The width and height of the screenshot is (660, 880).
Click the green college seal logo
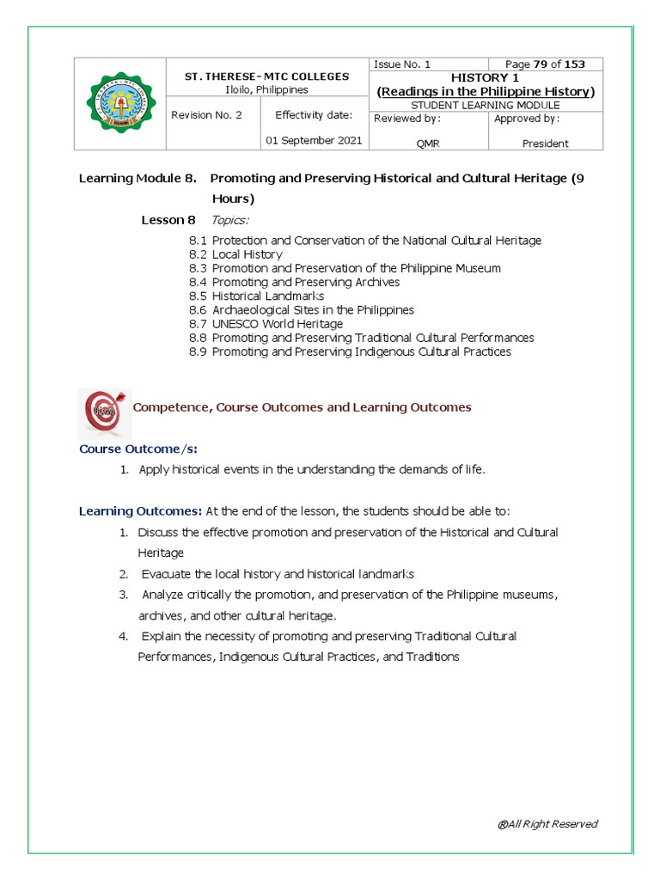[x=120, y=104]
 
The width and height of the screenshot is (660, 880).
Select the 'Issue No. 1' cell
[x=402, y=64]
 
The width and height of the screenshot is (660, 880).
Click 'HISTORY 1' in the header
[x=486, y=77]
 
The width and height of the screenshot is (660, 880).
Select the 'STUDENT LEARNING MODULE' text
[x=486, y=105]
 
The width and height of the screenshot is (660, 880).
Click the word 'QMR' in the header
[x=428, y=144]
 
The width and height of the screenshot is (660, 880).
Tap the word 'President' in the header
[x=546, y=144]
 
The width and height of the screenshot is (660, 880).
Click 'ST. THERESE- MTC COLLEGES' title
[x=267, y=76]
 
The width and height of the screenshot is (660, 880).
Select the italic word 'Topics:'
[x=230, y=221]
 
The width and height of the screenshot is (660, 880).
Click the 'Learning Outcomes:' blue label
[x=140, y=511]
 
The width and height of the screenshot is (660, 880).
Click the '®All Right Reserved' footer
[x=547, y=824]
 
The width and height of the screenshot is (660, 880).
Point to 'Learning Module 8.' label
[x=137, y=179]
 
